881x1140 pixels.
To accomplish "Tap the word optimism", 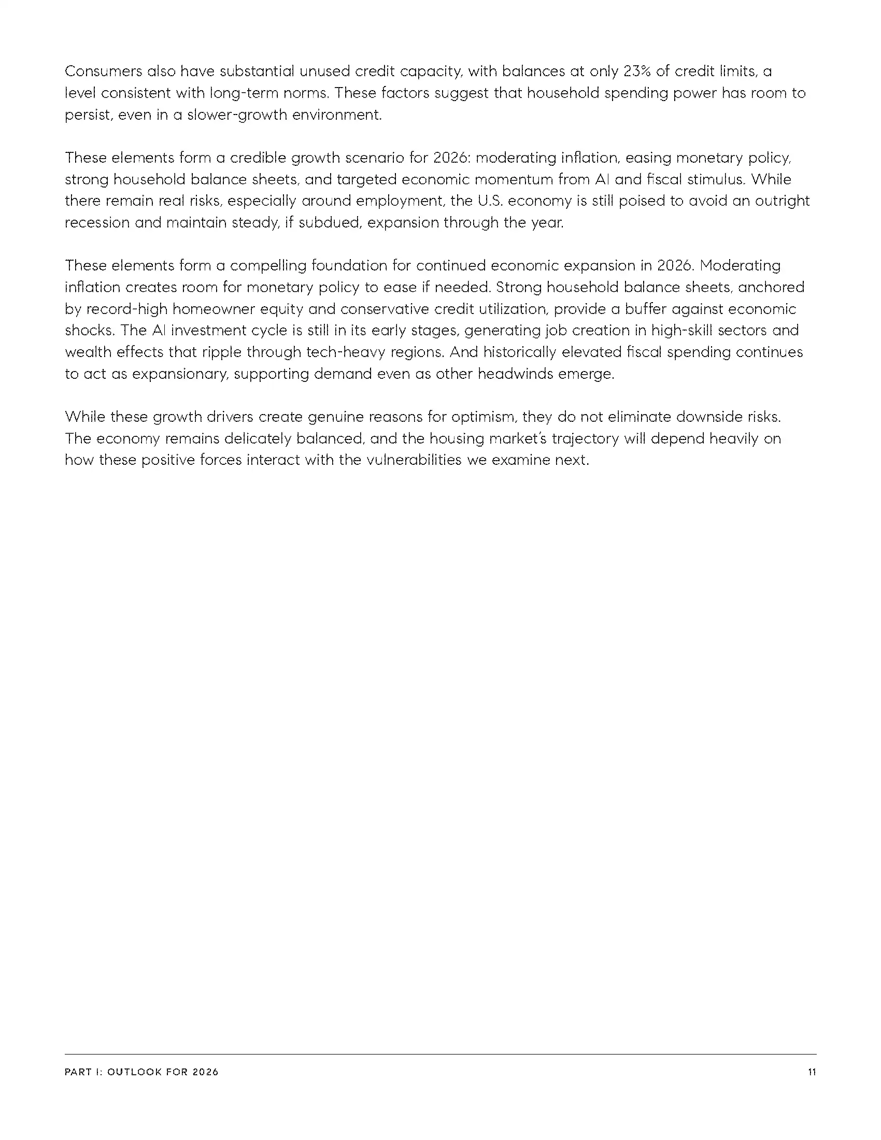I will (484, 417).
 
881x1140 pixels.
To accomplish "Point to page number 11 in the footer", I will (812, 1072).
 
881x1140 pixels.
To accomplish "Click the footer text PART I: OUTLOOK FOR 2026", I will (141, 1072).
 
